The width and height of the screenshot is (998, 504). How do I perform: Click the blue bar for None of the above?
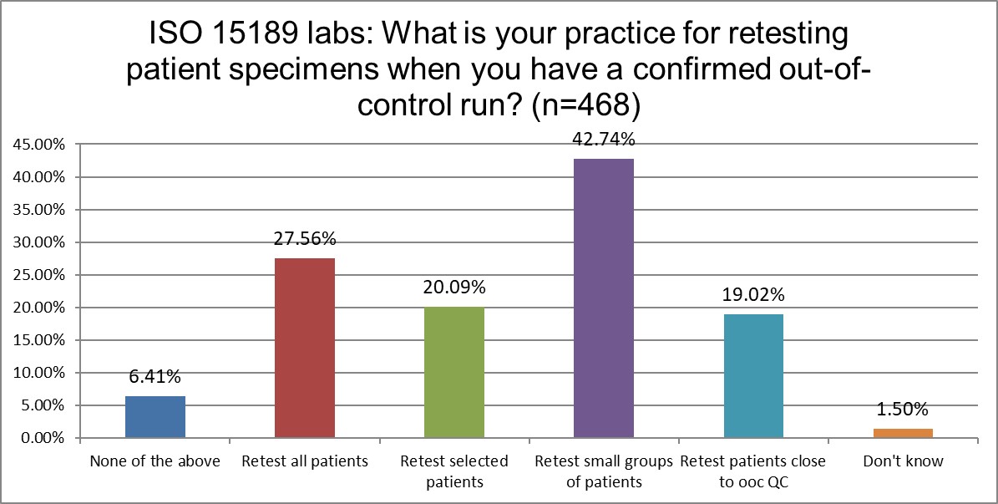point(155,417)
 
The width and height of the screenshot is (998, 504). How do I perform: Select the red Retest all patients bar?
point(305,348)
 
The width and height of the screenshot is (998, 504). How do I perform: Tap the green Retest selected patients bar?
point(454,372)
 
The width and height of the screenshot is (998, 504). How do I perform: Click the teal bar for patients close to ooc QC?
point(753,375)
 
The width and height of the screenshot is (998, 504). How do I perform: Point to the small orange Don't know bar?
point(903,433)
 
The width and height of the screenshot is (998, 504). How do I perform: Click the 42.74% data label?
point(604,140)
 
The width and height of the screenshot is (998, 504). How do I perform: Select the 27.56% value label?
point(305,239)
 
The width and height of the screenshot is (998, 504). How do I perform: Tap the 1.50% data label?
point(903,410)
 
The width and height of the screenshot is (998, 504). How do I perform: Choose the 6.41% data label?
point(155,377)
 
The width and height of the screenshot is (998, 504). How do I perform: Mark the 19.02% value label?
point(753,295)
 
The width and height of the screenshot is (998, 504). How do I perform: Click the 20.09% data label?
point(454,288)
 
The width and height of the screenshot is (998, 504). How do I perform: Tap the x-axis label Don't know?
point(903,461)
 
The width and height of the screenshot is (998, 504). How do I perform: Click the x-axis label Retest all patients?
point(305,461)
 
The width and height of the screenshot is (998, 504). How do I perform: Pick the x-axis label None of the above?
point(155,461)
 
